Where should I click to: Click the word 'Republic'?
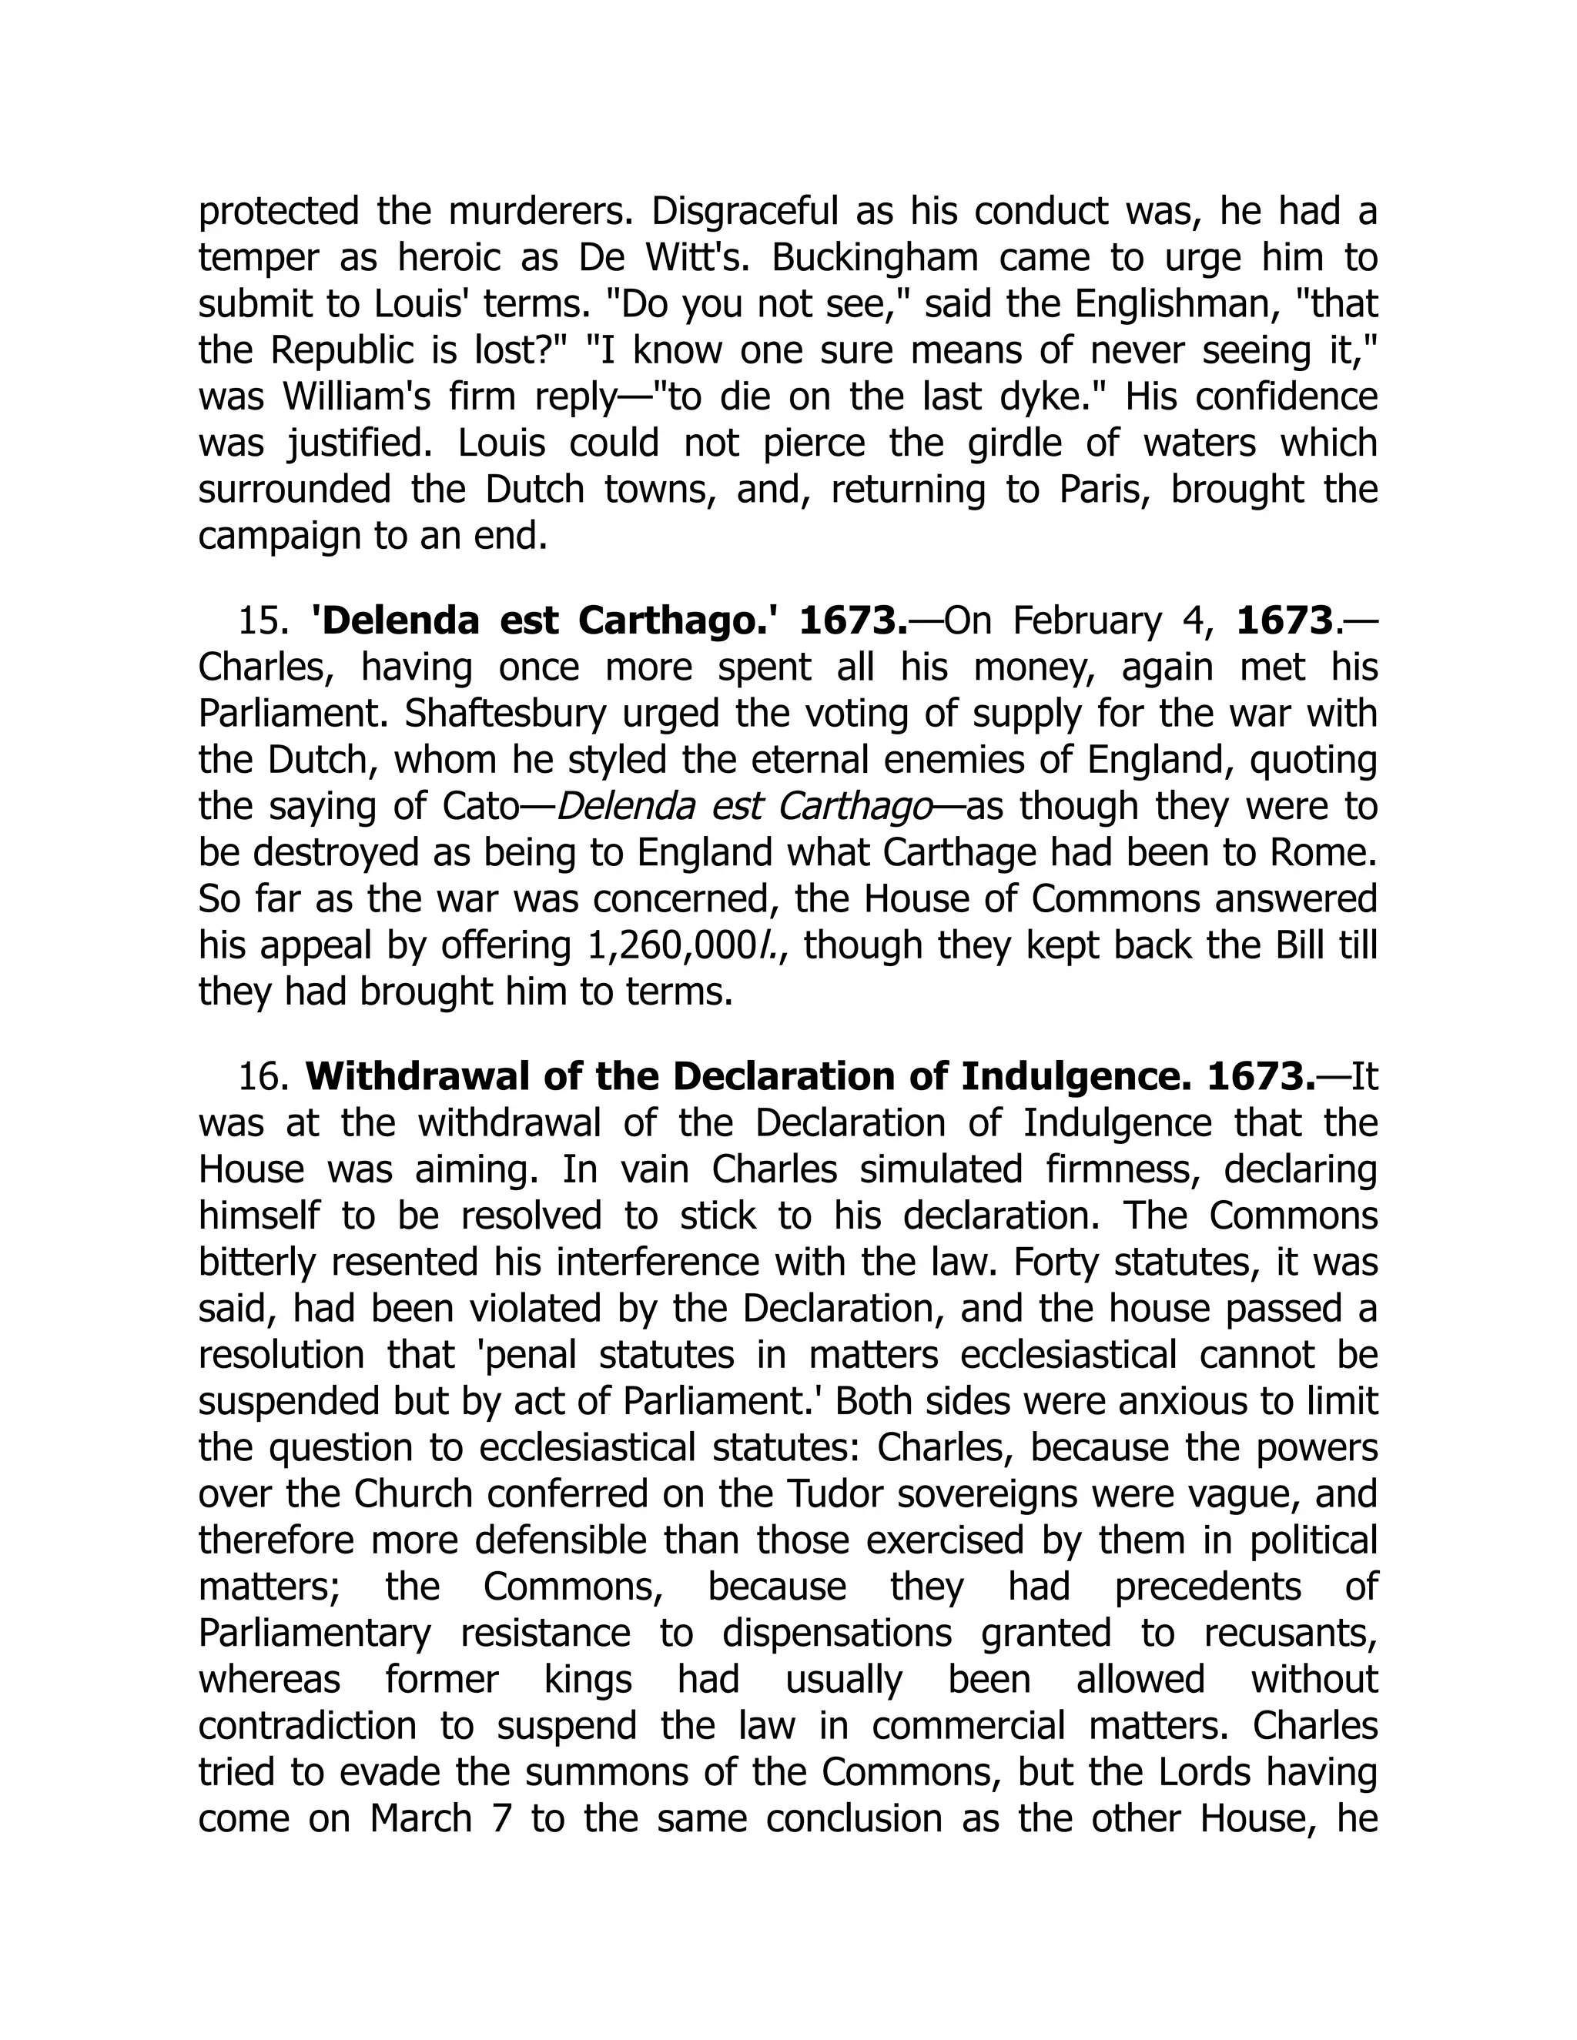[x=333, y=351]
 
